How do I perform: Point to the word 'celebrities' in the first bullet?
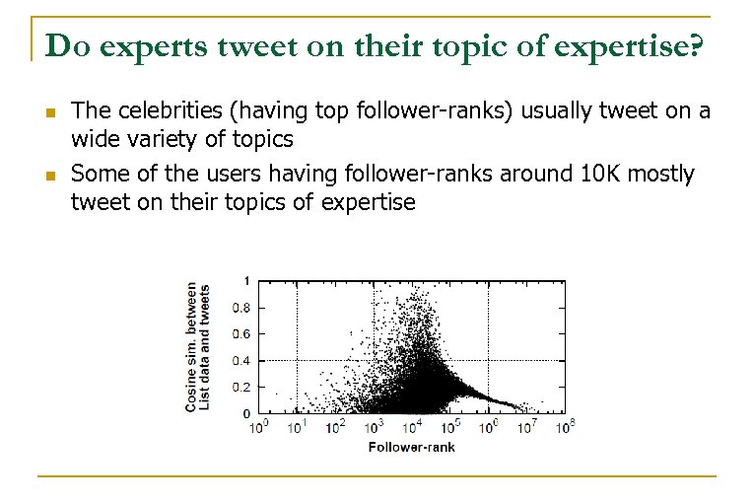[x=157, y=110]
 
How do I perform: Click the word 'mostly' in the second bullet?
[x=662, y=175]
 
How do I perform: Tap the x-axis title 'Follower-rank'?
[x=411, y=447]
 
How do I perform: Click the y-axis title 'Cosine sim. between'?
[x=191, y=346]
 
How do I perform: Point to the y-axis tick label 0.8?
[x=240, y=308]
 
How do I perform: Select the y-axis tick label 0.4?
[x=240, y=361]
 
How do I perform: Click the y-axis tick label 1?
[x=246, y=281]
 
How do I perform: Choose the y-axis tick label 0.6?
[x=240, y=334]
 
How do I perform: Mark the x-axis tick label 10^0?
[x=258, y=427]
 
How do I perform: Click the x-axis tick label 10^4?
[x=411, y=427]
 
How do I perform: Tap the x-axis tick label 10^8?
[x=565, y=427]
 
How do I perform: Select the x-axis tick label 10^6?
[x=488, y=427]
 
